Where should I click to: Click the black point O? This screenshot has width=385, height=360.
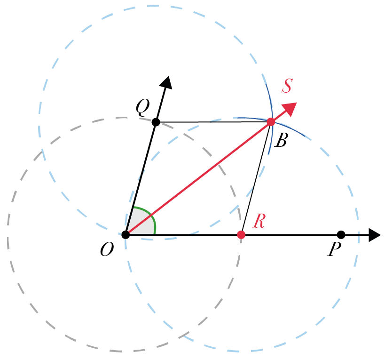[126, 235]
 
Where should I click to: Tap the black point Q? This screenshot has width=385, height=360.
[156, 122]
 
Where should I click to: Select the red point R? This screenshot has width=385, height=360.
[241, 235]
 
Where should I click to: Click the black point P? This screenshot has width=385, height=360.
[341, 235]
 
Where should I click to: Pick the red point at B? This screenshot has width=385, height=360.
[271, 122]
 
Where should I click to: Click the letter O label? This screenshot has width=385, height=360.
[107, 249]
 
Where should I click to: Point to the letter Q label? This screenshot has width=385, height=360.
[142, 108]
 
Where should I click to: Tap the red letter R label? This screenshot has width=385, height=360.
[259, 221]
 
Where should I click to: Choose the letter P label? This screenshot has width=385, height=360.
[334, 249]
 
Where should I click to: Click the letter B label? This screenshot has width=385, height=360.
[281, 140]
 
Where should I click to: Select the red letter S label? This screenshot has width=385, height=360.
[287, 86]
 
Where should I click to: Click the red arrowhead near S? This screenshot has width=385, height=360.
[290, 109]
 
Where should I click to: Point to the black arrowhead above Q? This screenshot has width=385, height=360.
[166, 82]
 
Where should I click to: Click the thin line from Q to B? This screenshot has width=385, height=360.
[213, 122]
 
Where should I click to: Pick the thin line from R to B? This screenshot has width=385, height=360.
[256, 178]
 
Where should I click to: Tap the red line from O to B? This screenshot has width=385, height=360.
[198, 178]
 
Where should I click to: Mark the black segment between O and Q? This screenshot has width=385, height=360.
[141, 178]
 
